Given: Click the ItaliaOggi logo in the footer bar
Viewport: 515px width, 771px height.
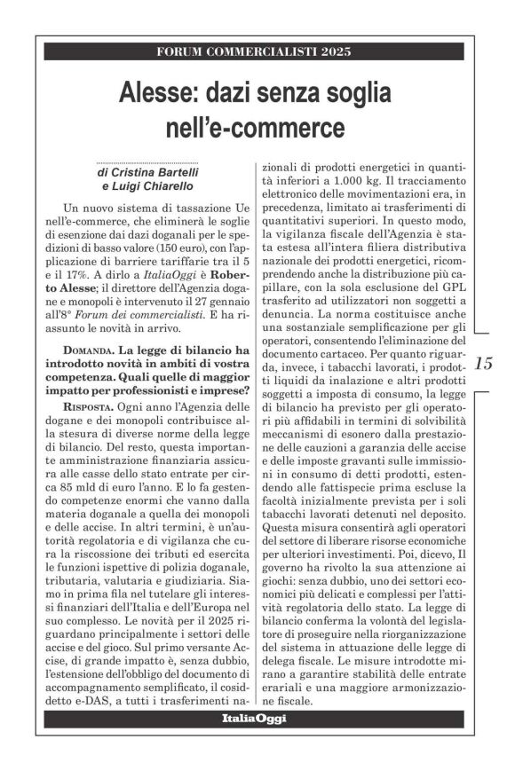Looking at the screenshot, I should coord(254,718).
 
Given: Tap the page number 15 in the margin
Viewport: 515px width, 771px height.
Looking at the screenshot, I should coord(483,363).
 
